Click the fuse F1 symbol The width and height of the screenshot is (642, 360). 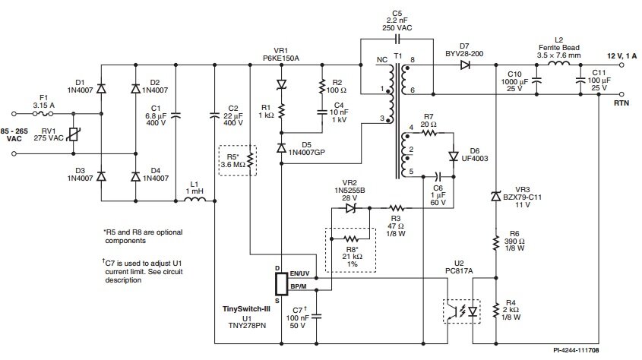pos(44,114)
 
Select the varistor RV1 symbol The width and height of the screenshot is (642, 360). pos(74,134)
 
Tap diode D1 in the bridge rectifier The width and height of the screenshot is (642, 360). pos(101,88)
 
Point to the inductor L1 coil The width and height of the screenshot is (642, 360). pos(195,199)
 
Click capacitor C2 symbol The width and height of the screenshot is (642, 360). pos(214,115)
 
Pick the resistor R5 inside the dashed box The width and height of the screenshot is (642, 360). pos(250,161)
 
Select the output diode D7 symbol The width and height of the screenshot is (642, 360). pos(465,65)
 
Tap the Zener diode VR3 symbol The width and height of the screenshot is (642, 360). pos(496,197)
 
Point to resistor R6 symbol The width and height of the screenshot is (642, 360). pos(496,242)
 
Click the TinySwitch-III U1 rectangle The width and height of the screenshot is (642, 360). pos(281,283)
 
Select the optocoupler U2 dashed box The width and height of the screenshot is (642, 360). pos(462,311)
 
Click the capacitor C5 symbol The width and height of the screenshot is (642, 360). pos(397,39)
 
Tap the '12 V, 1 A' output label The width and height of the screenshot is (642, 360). pos(621,56)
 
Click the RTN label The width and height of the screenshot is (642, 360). pos(621,103)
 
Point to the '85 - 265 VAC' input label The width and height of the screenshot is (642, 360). pos(14,135)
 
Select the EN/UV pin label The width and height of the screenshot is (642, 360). pos(299,273)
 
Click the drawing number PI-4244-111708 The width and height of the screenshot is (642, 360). pos(576,350)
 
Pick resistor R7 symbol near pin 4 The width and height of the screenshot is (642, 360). pos(429,133)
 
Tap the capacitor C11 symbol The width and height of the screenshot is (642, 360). pos(580,81)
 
